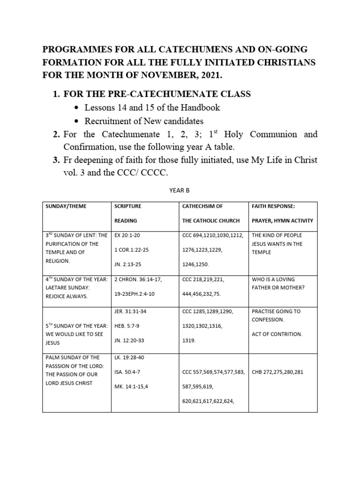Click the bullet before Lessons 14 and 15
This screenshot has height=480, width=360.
click(76, 107)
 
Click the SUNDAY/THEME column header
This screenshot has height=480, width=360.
click(66, 206)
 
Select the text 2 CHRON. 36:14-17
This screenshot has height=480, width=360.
click(138, 279)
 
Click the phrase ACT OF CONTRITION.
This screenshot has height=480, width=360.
click(277, 334)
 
